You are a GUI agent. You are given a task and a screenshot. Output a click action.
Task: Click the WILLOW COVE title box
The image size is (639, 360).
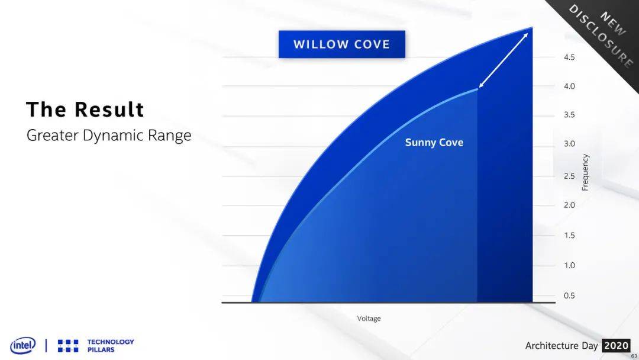[342, 44]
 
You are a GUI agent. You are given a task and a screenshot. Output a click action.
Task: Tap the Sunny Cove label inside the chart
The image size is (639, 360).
[434, 142]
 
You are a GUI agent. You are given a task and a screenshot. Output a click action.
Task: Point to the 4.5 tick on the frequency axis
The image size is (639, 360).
[569, 57]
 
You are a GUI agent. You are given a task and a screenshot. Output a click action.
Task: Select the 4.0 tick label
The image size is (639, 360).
[569, 86]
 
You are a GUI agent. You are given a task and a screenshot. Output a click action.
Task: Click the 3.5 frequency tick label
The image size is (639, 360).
[569, 114]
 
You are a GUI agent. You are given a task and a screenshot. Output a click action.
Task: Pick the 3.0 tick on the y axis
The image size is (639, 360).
[569, 143]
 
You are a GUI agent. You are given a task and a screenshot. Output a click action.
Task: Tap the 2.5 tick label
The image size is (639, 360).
[569, 176]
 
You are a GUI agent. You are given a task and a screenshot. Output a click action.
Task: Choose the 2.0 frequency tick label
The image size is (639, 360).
[569, 205]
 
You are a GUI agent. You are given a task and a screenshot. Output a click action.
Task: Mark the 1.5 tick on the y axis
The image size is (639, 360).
[569, 235]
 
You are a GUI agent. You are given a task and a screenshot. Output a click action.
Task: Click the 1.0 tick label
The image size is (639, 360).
[569, 265]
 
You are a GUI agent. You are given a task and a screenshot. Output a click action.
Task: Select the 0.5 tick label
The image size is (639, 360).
[569, 295]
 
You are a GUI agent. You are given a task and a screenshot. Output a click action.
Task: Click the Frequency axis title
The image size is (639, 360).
[585, 172]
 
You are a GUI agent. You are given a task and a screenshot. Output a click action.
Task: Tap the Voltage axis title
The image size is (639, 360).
[369, 319]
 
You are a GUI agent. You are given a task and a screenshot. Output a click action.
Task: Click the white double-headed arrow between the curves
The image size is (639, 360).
[504, 60]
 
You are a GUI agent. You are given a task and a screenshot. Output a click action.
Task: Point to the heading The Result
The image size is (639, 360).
[85, 110]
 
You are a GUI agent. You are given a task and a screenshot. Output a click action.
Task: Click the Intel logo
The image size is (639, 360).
[23, 346]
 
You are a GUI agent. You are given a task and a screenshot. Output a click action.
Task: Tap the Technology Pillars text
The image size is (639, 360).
[111, 346]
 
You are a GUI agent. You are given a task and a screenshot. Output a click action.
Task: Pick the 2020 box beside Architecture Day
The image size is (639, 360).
[616, 346]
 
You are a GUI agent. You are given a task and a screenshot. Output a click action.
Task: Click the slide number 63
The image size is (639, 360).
[634, 356]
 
